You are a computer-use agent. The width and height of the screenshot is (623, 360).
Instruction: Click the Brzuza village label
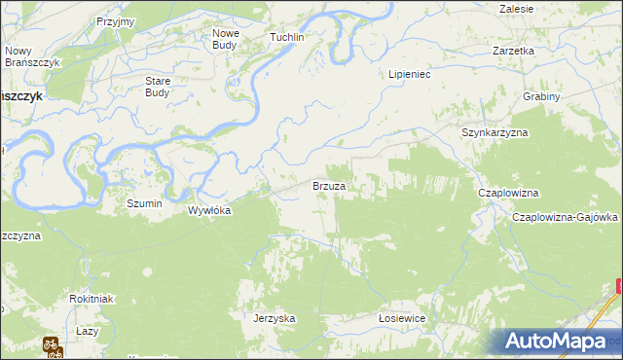pyautogui.click(x=329, y=185)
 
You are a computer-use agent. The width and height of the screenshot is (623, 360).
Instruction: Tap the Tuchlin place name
pyautogui.click(x=287, y=37)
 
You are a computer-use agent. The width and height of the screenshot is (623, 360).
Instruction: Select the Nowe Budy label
pyautogui.click(x=226, y=38)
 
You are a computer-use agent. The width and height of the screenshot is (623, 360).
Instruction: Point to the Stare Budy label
pyautogui.click(x=157, y=87)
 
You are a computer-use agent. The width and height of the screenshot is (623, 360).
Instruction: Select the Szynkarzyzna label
pyautogui.click(x=494, y=131)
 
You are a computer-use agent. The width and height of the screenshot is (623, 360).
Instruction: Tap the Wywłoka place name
pyautogui.click(x=208, y=209)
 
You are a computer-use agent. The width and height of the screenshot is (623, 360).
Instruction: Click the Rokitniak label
pyautogui.click(x=92, y=299)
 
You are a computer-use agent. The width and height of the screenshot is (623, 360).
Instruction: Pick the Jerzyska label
pyautogui.click(x=274, y=318)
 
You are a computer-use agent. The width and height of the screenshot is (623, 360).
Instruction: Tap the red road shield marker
pyautogui.click(x=619, y=286)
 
